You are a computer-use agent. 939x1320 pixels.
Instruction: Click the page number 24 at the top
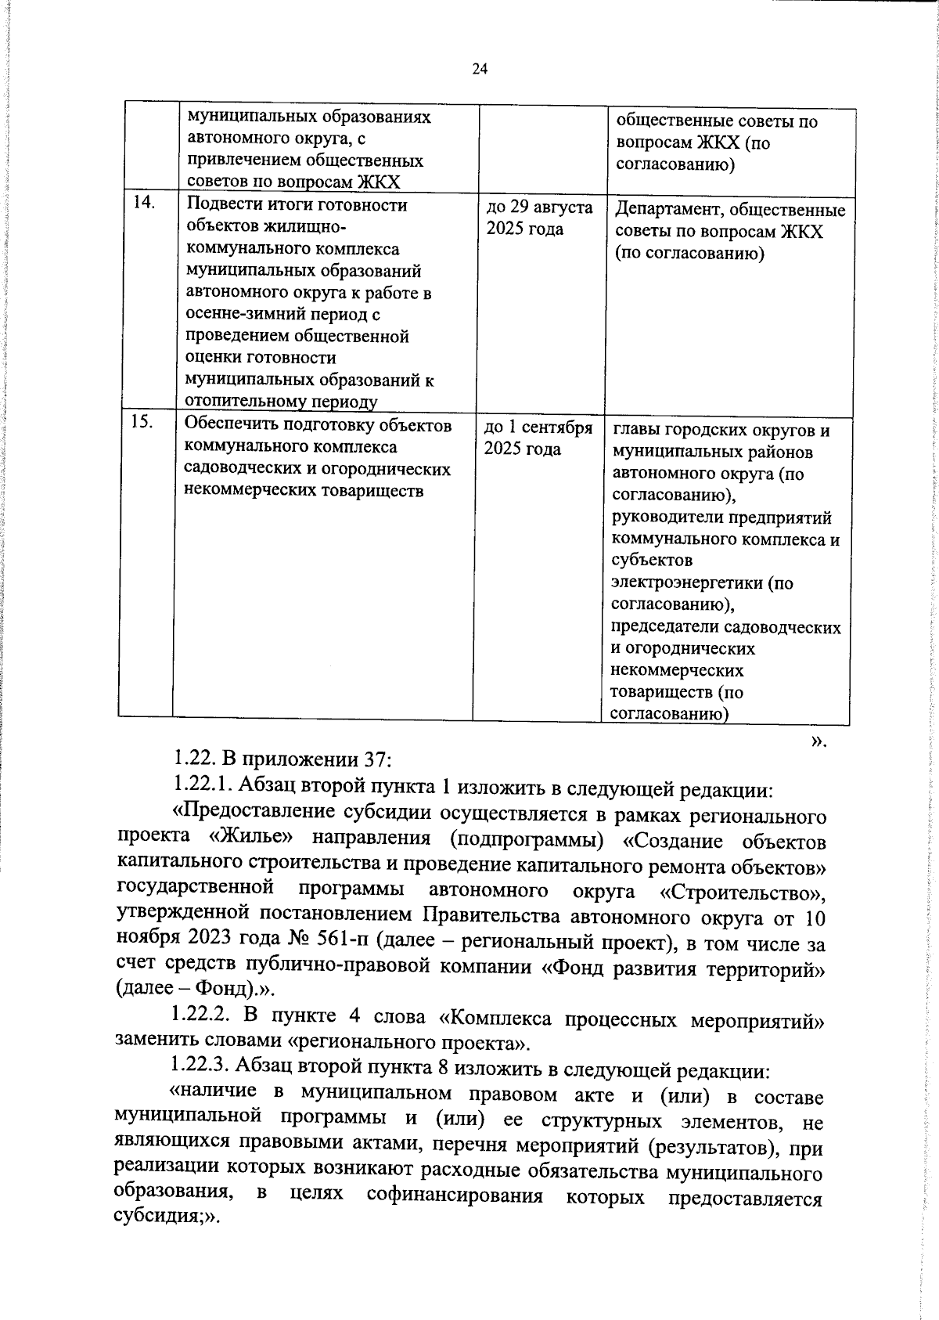point(480,69)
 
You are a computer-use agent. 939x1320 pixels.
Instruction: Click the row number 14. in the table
point(144,203)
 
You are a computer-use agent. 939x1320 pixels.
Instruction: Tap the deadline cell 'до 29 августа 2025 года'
point(539,218)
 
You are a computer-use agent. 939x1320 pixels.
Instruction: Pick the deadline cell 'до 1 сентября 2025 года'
point(538,438)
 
